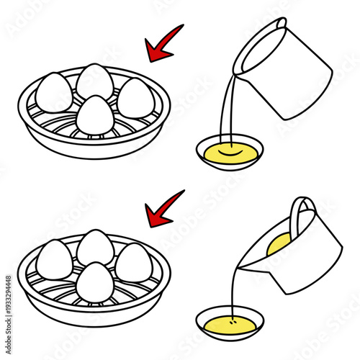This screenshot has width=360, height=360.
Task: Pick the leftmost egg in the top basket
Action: tap(55, 94)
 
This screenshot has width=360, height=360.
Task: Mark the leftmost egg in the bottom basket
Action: tap(55, 258)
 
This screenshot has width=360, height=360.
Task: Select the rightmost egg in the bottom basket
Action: tap(133, 262)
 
